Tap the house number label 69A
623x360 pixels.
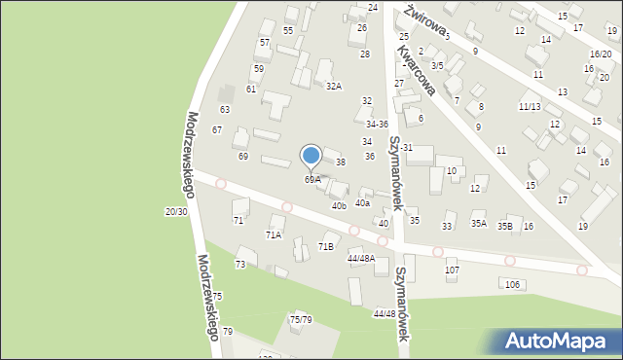point(312,179)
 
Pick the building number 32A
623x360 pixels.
point(334,86)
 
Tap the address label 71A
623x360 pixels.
point(274,234)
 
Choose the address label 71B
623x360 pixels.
point(325,246)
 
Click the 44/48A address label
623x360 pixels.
point(360,258)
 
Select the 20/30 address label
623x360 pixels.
point(176,211)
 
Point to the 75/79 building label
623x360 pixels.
point(301,319)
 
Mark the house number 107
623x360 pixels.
point(452,270)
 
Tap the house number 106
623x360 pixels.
point(513,283)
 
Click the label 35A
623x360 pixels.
point(479,224)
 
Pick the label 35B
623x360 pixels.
point(505,226)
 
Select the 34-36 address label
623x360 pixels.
point(377,124)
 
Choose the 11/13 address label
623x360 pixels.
point(531,106)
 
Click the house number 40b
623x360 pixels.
point(339,205)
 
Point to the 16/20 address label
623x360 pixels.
point(601,54)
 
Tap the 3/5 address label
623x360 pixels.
point(437,65)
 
